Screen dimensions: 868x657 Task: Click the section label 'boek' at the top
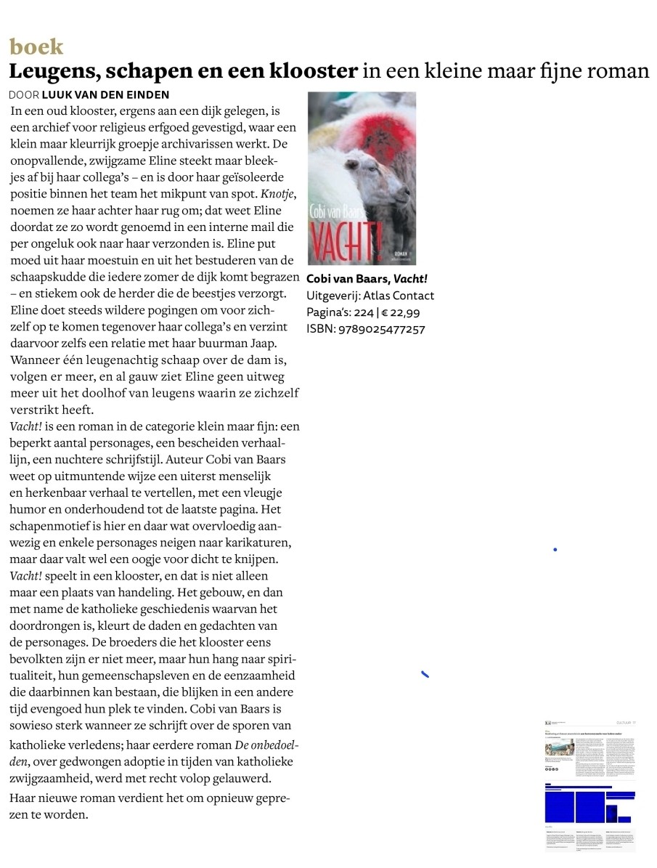click(36, 47)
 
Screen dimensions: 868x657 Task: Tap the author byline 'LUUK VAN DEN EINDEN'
click(106, 95)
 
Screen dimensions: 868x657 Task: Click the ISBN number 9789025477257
click(382, 329)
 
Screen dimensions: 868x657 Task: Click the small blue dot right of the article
click(555, 550)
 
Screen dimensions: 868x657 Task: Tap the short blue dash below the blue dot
click(425, 675)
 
